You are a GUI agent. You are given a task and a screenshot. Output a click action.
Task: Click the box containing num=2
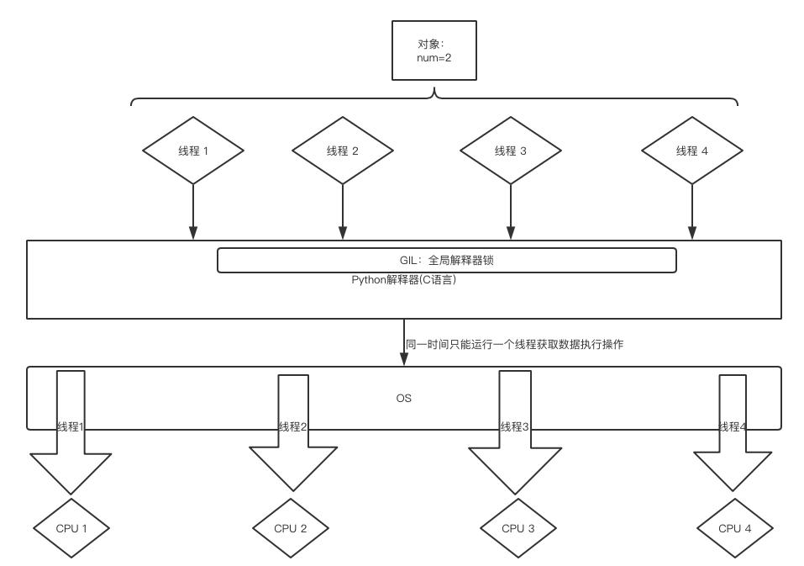(434, 50)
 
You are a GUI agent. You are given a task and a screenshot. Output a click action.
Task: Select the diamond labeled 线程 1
(193, 151)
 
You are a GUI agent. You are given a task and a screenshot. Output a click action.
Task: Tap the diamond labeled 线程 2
(343, 151)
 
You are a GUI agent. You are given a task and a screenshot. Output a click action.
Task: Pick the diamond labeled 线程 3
(510, 151)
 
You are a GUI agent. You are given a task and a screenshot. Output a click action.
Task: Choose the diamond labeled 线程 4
(692, 151)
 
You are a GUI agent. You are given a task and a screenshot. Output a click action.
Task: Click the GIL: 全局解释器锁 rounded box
(446, 260)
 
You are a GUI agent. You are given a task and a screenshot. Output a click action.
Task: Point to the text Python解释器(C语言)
(403, 280)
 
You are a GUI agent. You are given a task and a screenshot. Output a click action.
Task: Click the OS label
(403, 398)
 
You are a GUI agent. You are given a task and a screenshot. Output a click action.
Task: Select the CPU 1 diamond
(71, 528)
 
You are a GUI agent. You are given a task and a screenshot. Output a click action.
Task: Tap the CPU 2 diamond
(291, 528)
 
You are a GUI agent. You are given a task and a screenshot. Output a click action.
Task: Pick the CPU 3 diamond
(518, 528)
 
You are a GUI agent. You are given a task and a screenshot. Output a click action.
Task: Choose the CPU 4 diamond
(735, 528)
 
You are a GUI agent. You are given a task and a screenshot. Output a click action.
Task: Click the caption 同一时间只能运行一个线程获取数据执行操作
(514, 344)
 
